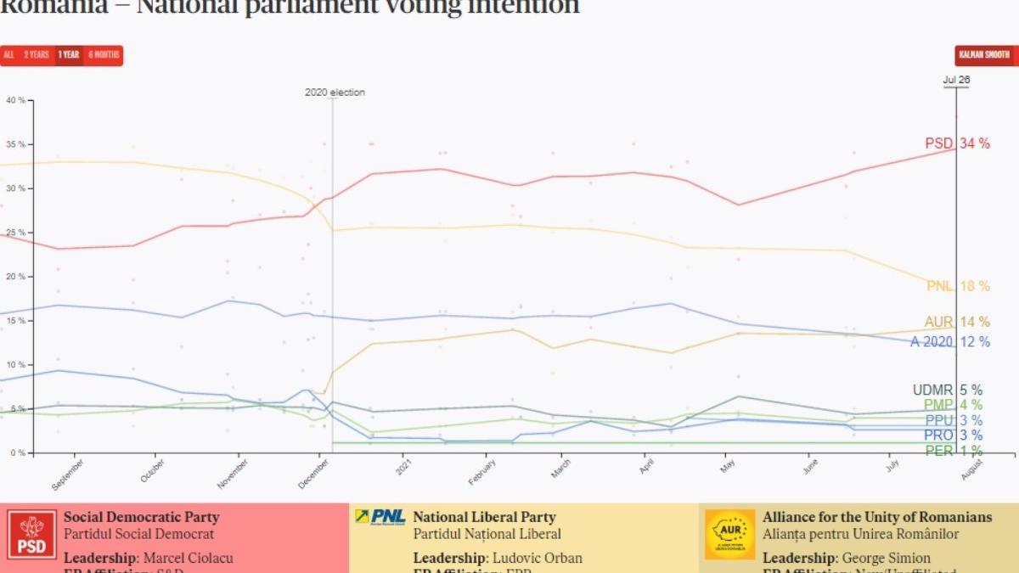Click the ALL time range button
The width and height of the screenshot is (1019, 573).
coord(8,55)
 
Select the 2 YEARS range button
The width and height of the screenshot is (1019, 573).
coord(37,55)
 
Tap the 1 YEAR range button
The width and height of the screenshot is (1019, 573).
coord(69,55)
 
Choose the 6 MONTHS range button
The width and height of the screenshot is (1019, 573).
coord(103,55)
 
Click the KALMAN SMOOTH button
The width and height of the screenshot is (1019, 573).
coord(984,55)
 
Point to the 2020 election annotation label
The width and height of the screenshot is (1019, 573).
coord(335,93)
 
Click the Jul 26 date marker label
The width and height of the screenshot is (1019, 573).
coord(956,81)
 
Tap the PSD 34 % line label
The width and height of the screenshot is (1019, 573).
coord(957,143)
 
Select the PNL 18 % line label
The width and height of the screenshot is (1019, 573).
coord(958,286)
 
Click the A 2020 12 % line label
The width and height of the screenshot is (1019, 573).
coord(949,341)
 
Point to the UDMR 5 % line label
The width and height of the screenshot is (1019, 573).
coord(947,390)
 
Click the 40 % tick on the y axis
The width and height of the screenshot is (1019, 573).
coord(16,100)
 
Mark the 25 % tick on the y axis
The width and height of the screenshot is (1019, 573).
coord(16,233)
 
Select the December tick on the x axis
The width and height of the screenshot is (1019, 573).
coord(314,472)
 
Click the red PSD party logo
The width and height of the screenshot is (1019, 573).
coord(33,534)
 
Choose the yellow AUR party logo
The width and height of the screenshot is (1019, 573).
coord(729,534)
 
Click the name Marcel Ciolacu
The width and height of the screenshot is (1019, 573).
coord(188,558)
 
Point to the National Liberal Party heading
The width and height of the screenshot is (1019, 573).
coord(484,517)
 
